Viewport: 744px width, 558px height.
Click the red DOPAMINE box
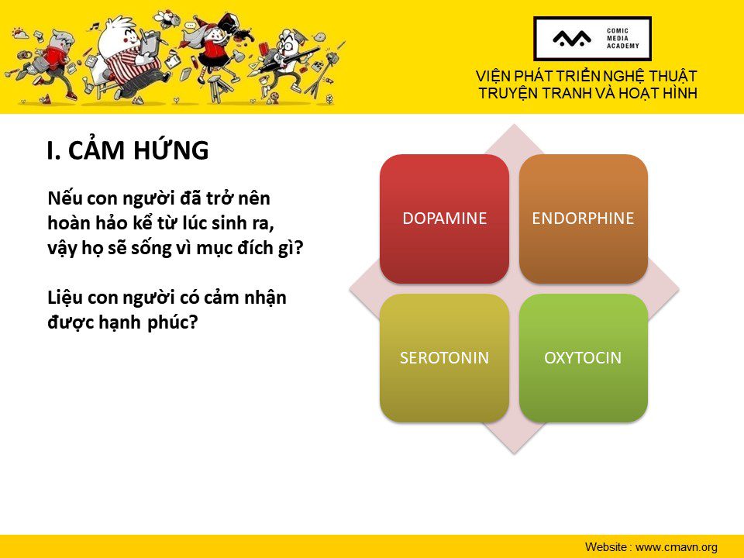tap(445, 219)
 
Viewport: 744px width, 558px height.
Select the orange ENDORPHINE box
tap(583, 219)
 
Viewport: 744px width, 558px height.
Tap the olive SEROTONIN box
tap(445, 358)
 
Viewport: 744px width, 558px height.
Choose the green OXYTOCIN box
tap(583, 358)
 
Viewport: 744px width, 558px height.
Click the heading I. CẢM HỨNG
tap(128, 150)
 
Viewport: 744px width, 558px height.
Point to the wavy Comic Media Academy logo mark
tap(572, 39)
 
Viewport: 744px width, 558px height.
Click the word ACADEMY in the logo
tap(623, 46)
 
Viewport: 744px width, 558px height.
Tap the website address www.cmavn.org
tap(676, 547)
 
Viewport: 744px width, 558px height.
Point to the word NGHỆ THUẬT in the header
tap(647, 76)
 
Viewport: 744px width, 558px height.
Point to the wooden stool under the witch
tap(219, 88)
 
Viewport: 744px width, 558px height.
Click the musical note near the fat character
tap(95, 26)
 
